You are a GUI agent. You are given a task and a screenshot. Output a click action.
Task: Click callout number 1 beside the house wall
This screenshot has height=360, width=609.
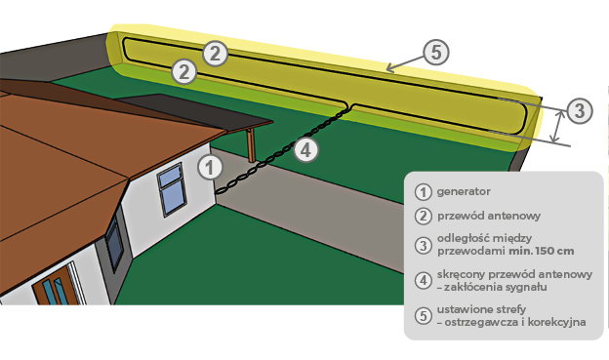click(210, 168)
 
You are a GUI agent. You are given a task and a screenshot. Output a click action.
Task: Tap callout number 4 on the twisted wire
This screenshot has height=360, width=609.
click(306, 150)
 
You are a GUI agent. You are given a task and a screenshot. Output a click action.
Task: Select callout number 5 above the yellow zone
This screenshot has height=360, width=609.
click(436, 53)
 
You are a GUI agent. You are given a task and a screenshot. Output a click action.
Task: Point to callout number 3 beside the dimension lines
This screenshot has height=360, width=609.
click(580, 110)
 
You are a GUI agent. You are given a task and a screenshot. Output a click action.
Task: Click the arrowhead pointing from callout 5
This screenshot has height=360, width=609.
click(390, 68)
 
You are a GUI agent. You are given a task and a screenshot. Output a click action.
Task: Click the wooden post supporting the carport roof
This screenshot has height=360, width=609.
click(251, 144)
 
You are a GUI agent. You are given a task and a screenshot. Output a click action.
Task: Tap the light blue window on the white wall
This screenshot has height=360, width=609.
click(171, 189)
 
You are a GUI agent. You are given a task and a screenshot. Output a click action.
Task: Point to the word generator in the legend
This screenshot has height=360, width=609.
click(464, 191)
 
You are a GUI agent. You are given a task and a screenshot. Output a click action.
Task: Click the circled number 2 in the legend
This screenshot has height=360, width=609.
click(423, 216)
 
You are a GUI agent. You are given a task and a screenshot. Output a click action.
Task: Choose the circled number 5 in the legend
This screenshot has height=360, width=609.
click(423, 316)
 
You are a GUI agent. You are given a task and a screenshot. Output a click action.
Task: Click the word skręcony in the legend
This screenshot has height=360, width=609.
click(461, 274)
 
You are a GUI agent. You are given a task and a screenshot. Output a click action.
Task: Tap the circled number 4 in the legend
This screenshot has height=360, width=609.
click(423, 280)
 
